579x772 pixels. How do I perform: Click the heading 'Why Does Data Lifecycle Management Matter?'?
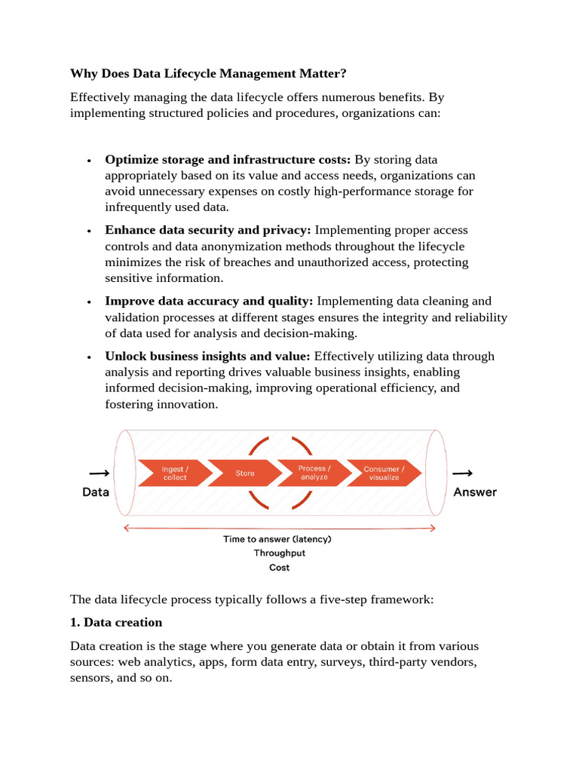(208, 74)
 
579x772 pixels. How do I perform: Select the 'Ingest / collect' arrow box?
(173, 473)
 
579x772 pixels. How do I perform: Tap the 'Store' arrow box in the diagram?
(244, 473)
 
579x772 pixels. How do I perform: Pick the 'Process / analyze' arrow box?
(313, 473)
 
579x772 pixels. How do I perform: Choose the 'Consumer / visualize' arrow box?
(383, 473)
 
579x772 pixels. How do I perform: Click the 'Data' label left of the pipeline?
(96, 492)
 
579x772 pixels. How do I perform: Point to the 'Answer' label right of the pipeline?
(475, 492)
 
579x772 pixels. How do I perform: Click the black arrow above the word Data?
(99, 473)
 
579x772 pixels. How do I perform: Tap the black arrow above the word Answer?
(462, 473)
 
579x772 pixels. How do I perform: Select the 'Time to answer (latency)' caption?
(277, 539)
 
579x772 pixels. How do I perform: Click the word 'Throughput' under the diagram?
(279, 553)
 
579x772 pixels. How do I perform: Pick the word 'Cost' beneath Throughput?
(279, 568)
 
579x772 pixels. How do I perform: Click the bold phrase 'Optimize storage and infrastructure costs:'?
(228, 160)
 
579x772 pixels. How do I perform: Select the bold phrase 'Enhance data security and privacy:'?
(208, 230)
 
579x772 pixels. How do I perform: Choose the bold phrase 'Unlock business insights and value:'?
(207, 356)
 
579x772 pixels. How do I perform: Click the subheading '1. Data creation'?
(116, 623)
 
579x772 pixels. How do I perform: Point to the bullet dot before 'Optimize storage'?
(89, 161)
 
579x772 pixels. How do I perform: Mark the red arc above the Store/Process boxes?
(280, 444)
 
